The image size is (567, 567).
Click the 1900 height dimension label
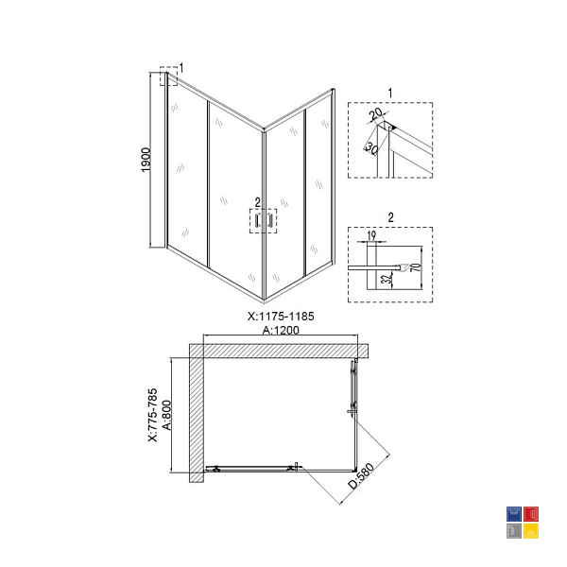pos(146,160)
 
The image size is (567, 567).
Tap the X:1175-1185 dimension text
pos(281,317)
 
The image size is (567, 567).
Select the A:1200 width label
pos(281,330)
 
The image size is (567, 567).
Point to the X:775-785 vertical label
pos(153,415)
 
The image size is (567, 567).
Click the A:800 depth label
pos(166,415)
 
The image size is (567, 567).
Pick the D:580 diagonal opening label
pos(361,476)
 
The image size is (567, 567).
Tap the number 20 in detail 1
pos(376,114)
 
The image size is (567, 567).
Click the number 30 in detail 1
pos(372,147)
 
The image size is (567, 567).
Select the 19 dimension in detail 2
pos(371,235)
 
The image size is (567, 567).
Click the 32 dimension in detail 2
pos(387,279)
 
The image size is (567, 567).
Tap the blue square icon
pos(513,514)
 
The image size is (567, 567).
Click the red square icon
pos(531,514)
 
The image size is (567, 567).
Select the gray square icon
pos(513,531)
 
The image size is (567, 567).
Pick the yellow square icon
pos(531,531)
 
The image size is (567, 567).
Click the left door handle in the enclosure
pos(257,220)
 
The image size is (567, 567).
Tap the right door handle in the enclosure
pos(269,220)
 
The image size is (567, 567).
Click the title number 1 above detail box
pos(390,93)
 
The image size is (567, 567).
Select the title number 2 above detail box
pos(390,217)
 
